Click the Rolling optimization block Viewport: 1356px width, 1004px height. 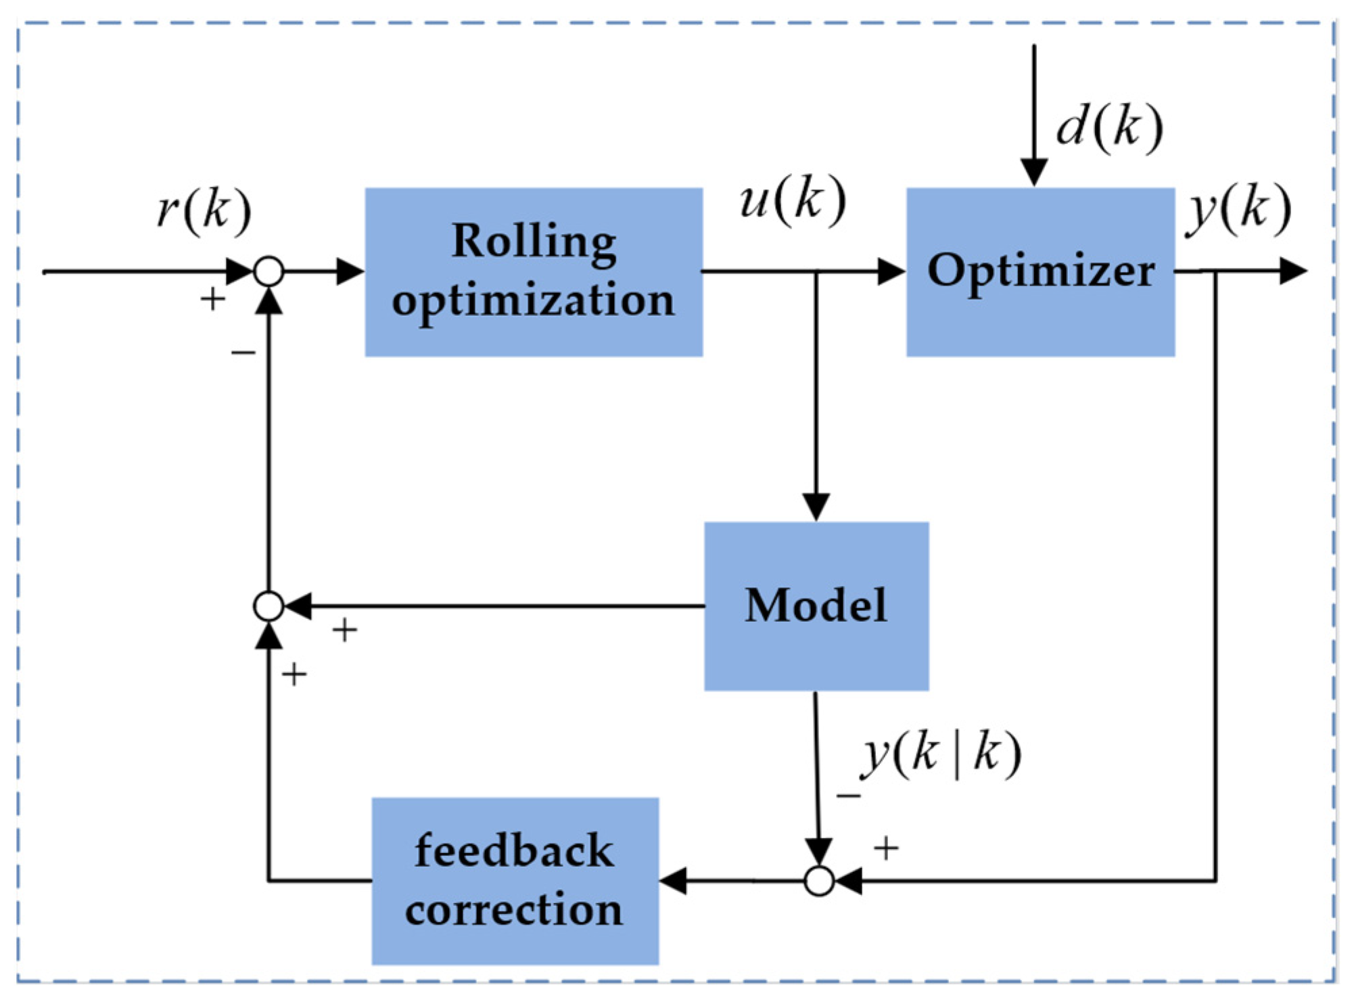tap(534, 272)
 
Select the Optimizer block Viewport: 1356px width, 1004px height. tap(1040, 272)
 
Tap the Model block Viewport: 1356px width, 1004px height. tap(816, 606)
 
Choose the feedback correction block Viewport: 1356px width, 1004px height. tap(515, 880)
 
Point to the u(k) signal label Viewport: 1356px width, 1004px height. tap(792, 200)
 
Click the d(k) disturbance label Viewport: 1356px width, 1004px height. tap(1109, 127)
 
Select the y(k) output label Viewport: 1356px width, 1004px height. tap(1238, 209)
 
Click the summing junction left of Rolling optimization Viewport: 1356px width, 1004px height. tap(268, 272)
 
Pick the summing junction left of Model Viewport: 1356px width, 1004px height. tap(268, 606)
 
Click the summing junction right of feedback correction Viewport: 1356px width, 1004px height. tap(819, 881)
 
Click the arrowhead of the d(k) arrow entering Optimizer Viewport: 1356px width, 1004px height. tap(1033, 172)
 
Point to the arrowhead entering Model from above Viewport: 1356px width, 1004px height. tap(816, 507)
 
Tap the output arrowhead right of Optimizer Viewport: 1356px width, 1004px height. tap(1292, 271)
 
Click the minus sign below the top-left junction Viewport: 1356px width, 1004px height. tap(243, 352)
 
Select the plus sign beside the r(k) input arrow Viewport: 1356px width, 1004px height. tap(212, 298)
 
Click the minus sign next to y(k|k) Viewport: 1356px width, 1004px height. tap(848, 796)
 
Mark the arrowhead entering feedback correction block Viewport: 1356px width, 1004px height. tap(674, 881)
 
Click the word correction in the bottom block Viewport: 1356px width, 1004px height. tap(515, 910)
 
